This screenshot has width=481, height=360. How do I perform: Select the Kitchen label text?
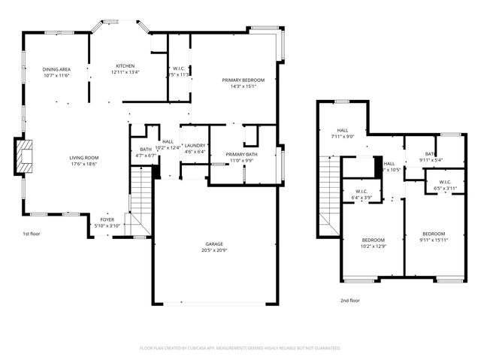click(x=125, y=65)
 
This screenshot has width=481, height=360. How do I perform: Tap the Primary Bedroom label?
click(x=240, y=79)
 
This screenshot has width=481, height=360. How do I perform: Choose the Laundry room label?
click(x=195, y=145)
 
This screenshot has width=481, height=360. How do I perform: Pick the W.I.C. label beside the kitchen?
click(x=179, y=68)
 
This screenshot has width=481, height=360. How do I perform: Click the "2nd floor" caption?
click(x=349, y=300)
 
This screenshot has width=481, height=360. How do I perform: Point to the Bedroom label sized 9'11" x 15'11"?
click(x=433, y=234)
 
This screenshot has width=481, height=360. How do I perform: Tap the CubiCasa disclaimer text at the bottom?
click(x=240, y=348)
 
